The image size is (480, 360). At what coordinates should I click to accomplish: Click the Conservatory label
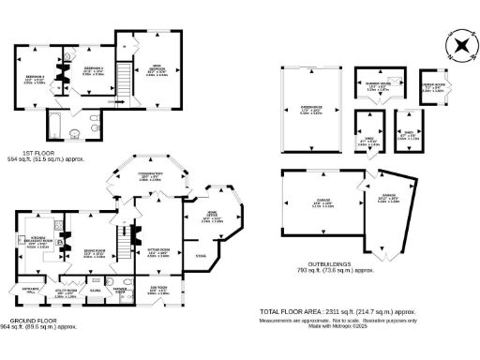point(150,176)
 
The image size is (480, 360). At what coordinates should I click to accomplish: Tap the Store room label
point(199,254)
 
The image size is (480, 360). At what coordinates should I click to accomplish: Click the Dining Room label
point(94,251)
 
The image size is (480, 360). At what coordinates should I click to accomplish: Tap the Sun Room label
point(159,292)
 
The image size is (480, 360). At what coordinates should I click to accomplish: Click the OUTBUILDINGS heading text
point(335,264)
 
